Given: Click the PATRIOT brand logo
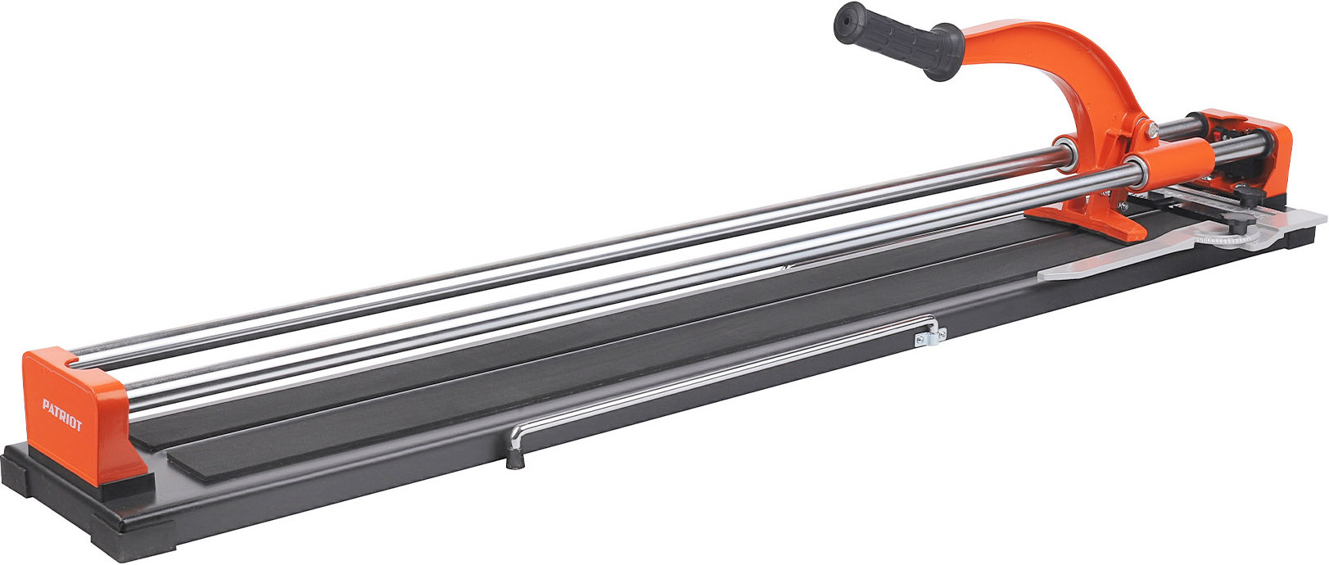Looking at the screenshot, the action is (x=61, y=415).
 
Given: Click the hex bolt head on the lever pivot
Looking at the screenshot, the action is (x=1151, y=129).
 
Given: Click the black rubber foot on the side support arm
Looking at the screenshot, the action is (x=515, y=459).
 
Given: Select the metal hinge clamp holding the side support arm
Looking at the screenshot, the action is (x=929, y=336).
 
